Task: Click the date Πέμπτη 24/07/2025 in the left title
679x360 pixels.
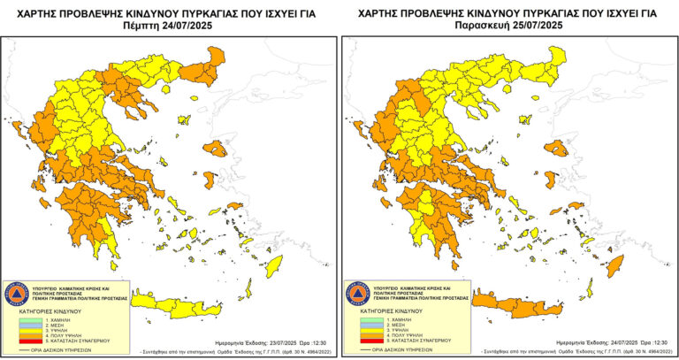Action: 170,26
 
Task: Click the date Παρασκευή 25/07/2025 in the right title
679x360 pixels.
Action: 509,26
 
